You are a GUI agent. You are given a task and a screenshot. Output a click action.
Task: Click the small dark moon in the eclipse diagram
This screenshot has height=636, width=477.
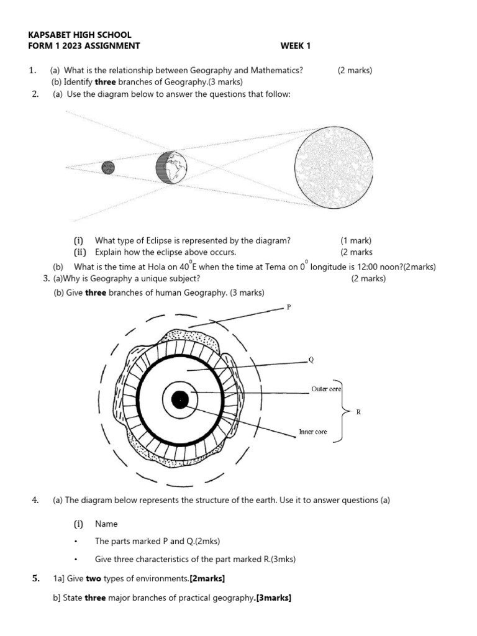[x=108, y=167]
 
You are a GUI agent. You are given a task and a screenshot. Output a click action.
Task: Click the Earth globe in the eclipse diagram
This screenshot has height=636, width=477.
[x=172, y=167]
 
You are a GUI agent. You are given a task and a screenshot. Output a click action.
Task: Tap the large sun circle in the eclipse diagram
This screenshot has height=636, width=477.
[x=335, y=166]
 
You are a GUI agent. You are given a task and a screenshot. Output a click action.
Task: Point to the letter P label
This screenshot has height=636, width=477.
[x=288, y=307]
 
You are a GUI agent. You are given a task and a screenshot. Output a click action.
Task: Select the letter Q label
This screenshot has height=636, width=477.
[x=311, y=360]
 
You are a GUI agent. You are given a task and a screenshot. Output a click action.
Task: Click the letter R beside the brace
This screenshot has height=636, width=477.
[x=358, y=411]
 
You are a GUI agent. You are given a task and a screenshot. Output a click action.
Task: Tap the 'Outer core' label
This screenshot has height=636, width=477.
[x=326, y=389]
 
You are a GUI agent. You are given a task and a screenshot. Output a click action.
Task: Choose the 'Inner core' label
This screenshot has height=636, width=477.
[x=312, y=432]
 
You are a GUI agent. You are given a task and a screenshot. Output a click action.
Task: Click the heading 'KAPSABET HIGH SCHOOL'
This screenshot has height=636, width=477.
[x=80, y=35]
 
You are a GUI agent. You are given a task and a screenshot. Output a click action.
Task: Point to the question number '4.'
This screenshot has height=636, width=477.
[x=36, y=500]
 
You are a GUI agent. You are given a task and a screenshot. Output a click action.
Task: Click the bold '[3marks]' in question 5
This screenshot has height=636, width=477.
[x=274, y=598]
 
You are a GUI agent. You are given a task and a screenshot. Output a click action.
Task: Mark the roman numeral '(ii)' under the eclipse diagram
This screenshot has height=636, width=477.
[x=79, y=252]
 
